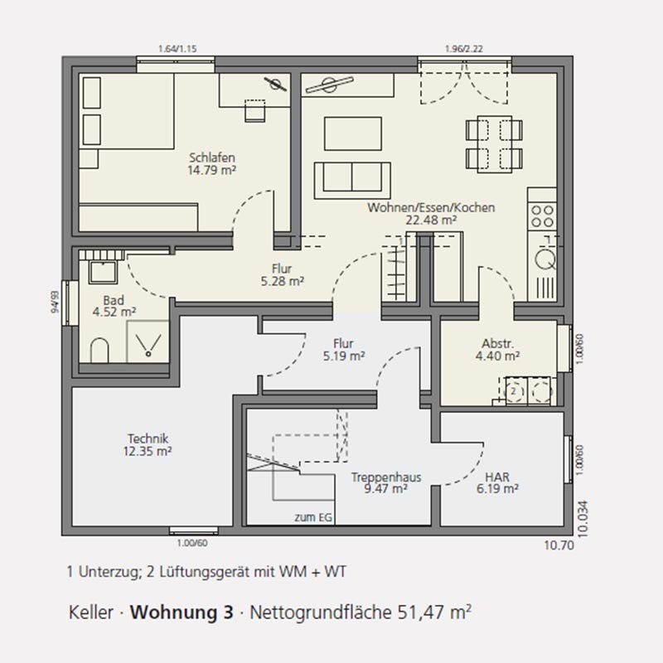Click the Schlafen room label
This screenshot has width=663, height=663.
point(212,157)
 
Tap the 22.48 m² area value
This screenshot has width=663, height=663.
point(431,220)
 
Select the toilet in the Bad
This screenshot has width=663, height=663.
point(99,350)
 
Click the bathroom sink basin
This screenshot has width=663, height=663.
point(102,272)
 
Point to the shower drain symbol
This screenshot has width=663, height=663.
point(148,354)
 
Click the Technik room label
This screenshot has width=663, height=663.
point(148,438)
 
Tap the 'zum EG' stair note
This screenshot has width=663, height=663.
point(313,517)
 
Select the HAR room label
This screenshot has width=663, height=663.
point(497,477)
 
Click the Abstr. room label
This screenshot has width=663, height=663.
point(498,343)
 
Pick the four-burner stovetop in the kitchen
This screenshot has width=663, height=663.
point(542,216)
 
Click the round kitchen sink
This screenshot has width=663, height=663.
point(545,259)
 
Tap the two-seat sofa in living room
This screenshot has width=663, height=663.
point(352,180)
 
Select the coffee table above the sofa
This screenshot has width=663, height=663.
point(353,133)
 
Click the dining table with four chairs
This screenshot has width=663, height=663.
point(494,144)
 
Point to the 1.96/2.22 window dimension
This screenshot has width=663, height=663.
point(464,49)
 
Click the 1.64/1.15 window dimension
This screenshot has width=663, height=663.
point(177,49)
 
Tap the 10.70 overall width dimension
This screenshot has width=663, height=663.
point(559,545)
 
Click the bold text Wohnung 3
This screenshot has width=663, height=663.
point(181,612)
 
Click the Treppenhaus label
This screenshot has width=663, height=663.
point(386,477)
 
